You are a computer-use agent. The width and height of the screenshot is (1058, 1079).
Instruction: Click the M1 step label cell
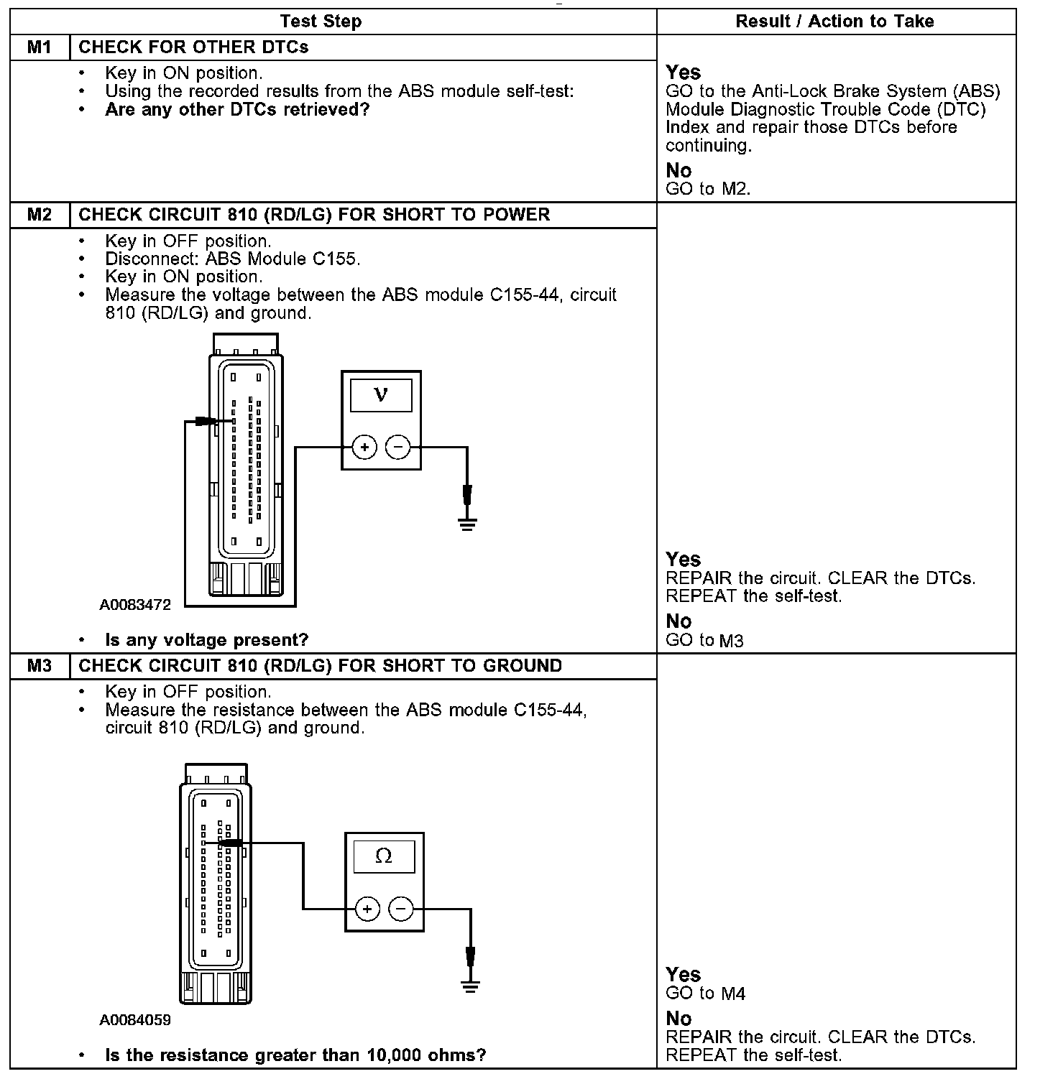tap(40, 47)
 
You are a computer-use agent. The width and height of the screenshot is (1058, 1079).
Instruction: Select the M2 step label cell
tap(40, 215)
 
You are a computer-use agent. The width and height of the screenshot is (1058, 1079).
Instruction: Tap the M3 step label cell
tap(40, 666)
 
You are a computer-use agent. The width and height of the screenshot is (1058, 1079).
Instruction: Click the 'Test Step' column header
tap(321, 22)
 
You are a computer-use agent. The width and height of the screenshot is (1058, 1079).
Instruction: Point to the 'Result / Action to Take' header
tap(834, 22)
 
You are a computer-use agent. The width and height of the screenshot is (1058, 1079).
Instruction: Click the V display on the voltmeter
tap(381, 395)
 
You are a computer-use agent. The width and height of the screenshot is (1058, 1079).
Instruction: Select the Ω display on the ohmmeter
tap(384, 856)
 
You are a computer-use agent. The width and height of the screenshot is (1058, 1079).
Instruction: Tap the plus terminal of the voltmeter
tap(364, 448)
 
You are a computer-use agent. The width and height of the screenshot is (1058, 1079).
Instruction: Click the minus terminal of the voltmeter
tap(397, 448)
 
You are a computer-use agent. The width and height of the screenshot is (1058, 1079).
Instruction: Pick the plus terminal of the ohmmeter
tap(367, 909)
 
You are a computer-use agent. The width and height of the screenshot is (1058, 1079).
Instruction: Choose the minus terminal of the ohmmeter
tap(400, 909)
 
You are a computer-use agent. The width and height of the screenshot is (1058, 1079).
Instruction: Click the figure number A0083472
tap(135, 605)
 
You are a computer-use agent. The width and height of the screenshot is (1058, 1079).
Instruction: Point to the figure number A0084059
tap(135, 1020)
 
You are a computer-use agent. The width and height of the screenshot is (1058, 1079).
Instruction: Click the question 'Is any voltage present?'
tap(206, 640)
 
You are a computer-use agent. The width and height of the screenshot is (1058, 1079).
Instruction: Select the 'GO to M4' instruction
tap(705, 994)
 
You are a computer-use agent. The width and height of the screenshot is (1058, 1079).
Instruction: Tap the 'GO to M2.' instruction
tap(708, 189)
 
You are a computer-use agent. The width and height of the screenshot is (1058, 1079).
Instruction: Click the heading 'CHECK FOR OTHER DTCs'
tap(193, 47)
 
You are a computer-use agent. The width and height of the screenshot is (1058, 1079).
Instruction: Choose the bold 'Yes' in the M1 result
tap(683, 73)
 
